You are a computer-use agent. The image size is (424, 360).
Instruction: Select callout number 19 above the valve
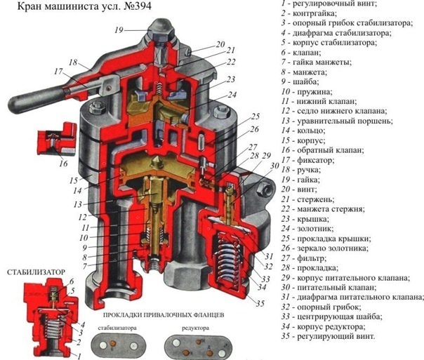(x=119, y=29)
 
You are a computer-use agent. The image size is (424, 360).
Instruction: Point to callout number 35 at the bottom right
(x=261, y=304)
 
